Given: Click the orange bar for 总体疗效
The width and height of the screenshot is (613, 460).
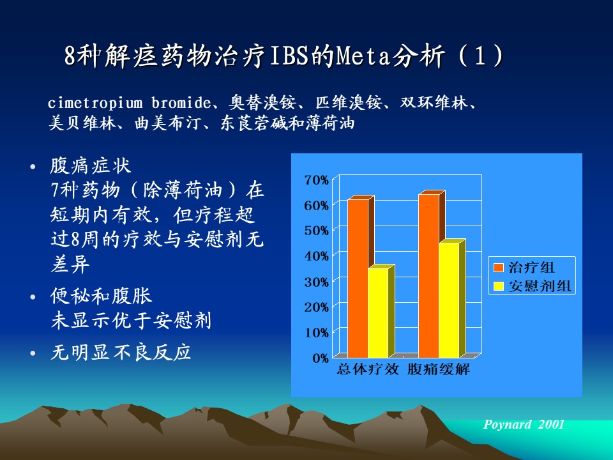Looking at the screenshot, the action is pos(358,278).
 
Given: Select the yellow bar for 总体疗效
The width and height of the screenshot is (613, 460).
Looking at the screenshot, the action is pos(379,312).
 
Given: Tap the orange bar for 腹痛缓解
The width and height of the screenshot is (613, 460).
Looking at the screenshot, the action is pos(429,275).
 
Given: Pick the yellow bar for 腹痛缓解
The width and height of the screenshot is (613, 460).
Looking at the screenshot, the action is pos(449,300).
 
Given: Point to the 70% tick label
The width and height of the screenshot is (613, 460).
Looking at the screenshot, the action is pos(317,180).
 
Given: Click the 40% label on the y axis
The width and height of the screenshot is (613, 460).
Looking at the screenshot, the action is pos(317,257).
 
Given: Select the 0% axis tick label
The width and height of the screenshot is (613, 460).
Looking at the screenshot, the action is pos(321,358).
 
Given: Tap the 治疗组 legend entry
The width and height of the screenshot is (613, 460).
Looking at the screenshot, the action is pos(524,268).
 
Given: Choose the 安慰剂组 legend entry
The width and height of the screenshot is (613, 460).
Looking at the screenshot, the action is pos(533,286).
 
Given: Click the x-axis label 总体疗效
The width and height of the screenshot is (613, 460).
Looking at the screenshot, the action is pos(368,369).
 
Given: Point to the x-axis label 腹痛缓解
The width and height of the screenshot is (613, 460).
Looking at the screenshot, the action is pos(438,369).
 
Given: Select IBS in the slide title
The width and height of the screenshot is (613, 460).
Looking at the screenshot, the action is pos(291,56).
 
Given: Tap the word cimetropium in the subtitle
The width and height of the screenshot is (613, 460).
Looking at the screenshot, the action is pos(95,103).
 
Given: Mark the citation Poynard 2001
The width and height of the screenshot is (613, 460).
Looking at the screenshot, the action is pos(524,424).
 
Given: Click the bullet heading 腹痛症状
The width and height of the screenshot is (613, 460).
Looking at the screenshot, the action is pos(91,166).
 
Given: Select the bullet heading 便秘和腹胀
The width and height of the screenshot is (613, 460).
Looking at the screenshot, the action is pos(101,296).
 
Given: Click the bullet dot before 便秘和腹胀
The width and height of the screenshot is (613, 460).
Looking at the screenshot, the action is pos(33,297).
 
